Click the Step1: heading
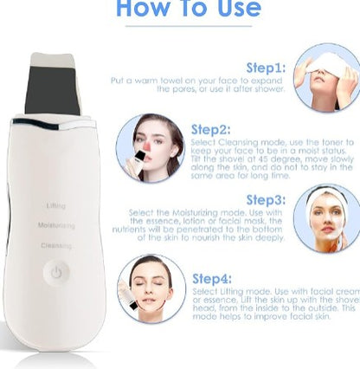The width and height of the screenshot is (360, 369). pos(265,67)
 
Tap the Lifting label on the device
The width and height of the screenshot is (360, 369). pos(55,205)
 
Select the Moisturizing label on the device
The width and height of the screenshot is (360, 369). pos(56,225)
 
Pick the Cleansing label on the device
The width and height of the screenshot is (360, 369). pos(56,245)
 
